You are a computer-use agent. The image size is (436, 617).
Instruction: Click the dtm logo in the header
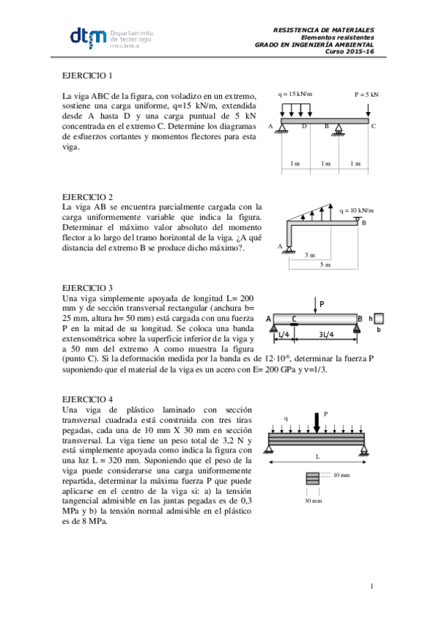tap(87, 38)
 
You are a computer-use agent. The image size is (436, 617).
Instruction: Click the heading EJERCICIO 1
tap(87, 76)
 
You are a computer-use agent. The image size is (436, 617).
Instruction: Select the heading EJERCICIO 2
tap(87, 197)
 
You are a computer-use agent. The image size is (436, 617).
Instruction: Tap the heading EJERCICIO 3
tap(87, 287)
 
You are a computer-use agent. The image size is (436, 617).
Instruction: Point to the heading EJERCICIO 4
tap(87, 399)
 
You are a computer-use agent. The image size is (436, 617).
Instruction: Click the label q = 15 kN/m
tap(295, 95)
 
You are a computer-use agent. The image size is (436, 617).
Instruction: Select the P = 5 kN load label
tap(366, 95)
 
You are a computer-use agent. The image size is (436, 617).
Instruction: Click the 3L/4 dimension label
tap(327, 334)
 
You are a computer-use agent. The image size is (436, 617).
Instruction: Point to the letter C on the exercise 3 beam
tap(293, 318)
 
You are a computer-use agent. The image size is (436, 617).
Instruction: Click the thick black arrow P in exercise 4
tap(317, 421)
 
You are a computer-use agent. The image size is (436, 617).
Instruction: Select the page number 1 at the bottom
tap(371, 586)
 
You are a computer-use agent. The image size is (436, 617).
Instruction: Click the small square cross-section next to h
tap(379, 318)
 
